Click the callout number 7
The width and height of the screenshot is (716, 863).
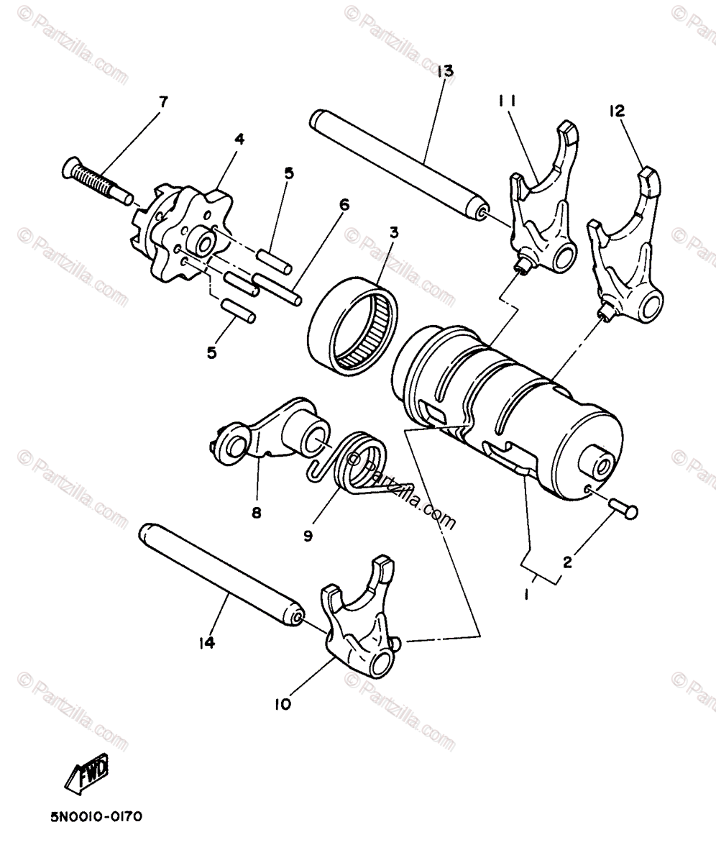point(163,101)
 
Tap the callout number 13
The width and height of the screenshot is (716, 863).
point(445,70)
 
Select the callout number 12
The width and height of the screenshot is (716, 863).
point(616,111)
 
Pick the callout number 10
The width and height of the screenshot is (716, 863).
point(283,704)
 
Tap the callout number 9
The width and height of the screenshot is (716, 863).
point(308,536)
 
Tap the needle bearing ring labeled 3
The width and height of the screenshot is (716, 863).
point(352,324)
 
